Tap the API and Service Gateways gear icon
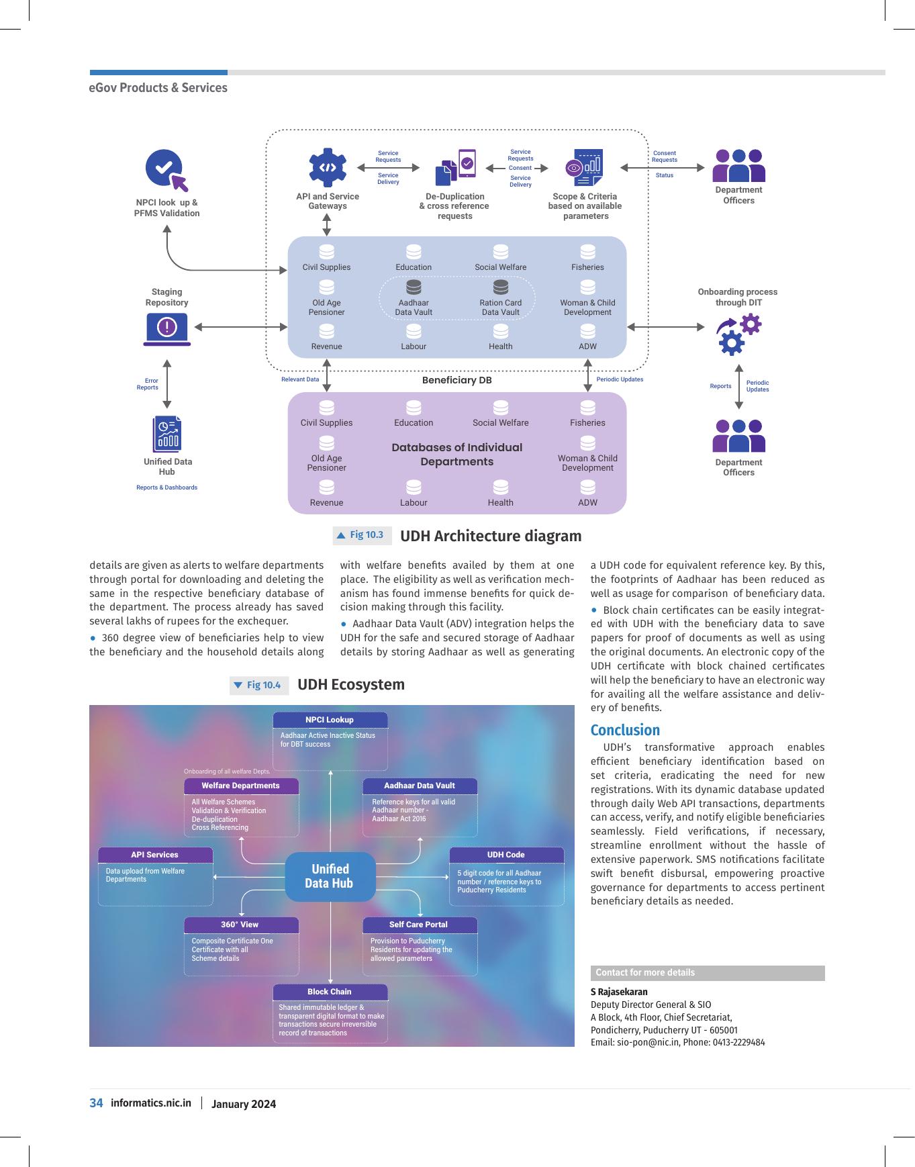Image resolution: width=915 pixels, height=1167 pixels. tap(328, 168)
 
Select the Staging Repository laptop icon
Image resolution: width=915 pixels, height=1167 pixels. tap(166, 330)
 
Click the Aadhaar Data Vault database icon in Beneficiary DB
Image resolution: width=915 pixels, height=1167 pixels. tap(414, 287)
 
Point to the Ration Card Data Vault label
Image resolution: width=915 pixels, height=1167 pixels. tap(501, 308)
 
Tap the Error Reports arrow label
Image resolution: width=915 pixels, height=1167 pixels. tap(148, 384)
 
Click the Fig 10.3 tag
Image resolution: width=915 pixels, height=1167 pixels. tap(362, 535)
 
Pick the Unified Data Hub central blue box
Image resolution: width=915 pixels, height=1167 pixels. tap(330, 876)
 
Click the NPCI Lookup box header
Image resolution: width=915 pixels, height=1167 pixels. tap(330, 720)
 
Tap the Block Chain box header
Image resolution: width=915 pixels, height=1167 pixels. tap(330, 992)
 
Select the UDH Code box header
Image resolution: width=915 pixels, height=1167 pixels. tap(506, 855)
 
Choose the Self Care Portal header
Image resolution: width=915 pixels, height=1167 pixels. tap(419, 925)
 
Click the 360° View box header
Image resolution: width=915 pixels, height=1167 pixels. tap(240, 925)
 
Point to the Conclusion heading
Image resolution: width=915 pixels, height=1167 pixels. tap(625, 730)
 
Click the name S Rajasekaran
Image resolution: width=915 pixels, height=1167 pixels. tap(619, 992)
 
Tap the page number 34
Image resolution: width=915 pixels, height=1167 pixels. tap(96, 1103)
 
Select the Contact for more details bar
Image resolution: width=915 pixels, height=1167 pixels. tap(708, 973)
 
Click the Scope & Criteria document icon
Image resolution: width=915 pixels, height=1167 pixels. tap(585, 168)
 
